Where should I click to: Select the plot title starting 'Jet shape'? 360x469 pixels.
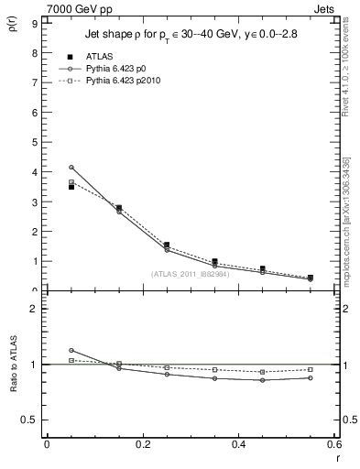coord(189,36)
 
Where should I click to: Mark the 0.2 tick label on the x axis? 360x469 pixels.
coord(142,444)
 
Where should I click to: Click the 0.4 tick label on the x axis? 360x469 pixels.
coord(238,444)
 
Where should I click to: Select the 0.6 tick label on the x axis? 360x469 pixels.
coord(333,444)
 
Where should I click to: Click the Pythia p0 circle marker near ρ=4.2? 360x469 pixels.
coord(71,167)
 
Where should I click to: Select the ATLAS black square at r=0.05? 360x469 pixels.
coord(71,187)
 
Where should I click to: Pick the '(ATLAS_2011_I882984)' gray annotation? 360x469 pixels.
coord(189,274)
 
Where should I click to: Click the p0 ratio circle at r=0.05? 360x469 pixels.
coord(71,350)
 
